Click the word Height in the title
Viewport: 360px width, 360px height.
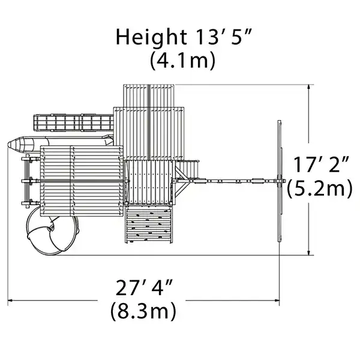pyautogui.click(x=149, y=37)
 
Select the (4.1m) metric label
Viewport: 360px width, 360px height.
pyautogui.click(x=181, y=61)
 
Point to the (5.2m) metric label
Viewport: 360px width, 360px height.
pyautogui.click(x=319, y=188)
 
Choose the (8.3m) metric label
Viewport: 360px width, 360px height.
pyautogui.click(x=143, y=311)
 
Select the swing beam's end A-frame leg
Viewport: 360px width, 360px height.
pyautogui.click(x=280, y=180)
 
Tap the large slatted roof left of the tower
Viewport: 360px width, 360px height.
pyautogui.click(x=81, y=180)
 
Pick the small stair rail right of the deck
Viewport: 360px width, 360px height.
pyautogui.click(x=190, y=169)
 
